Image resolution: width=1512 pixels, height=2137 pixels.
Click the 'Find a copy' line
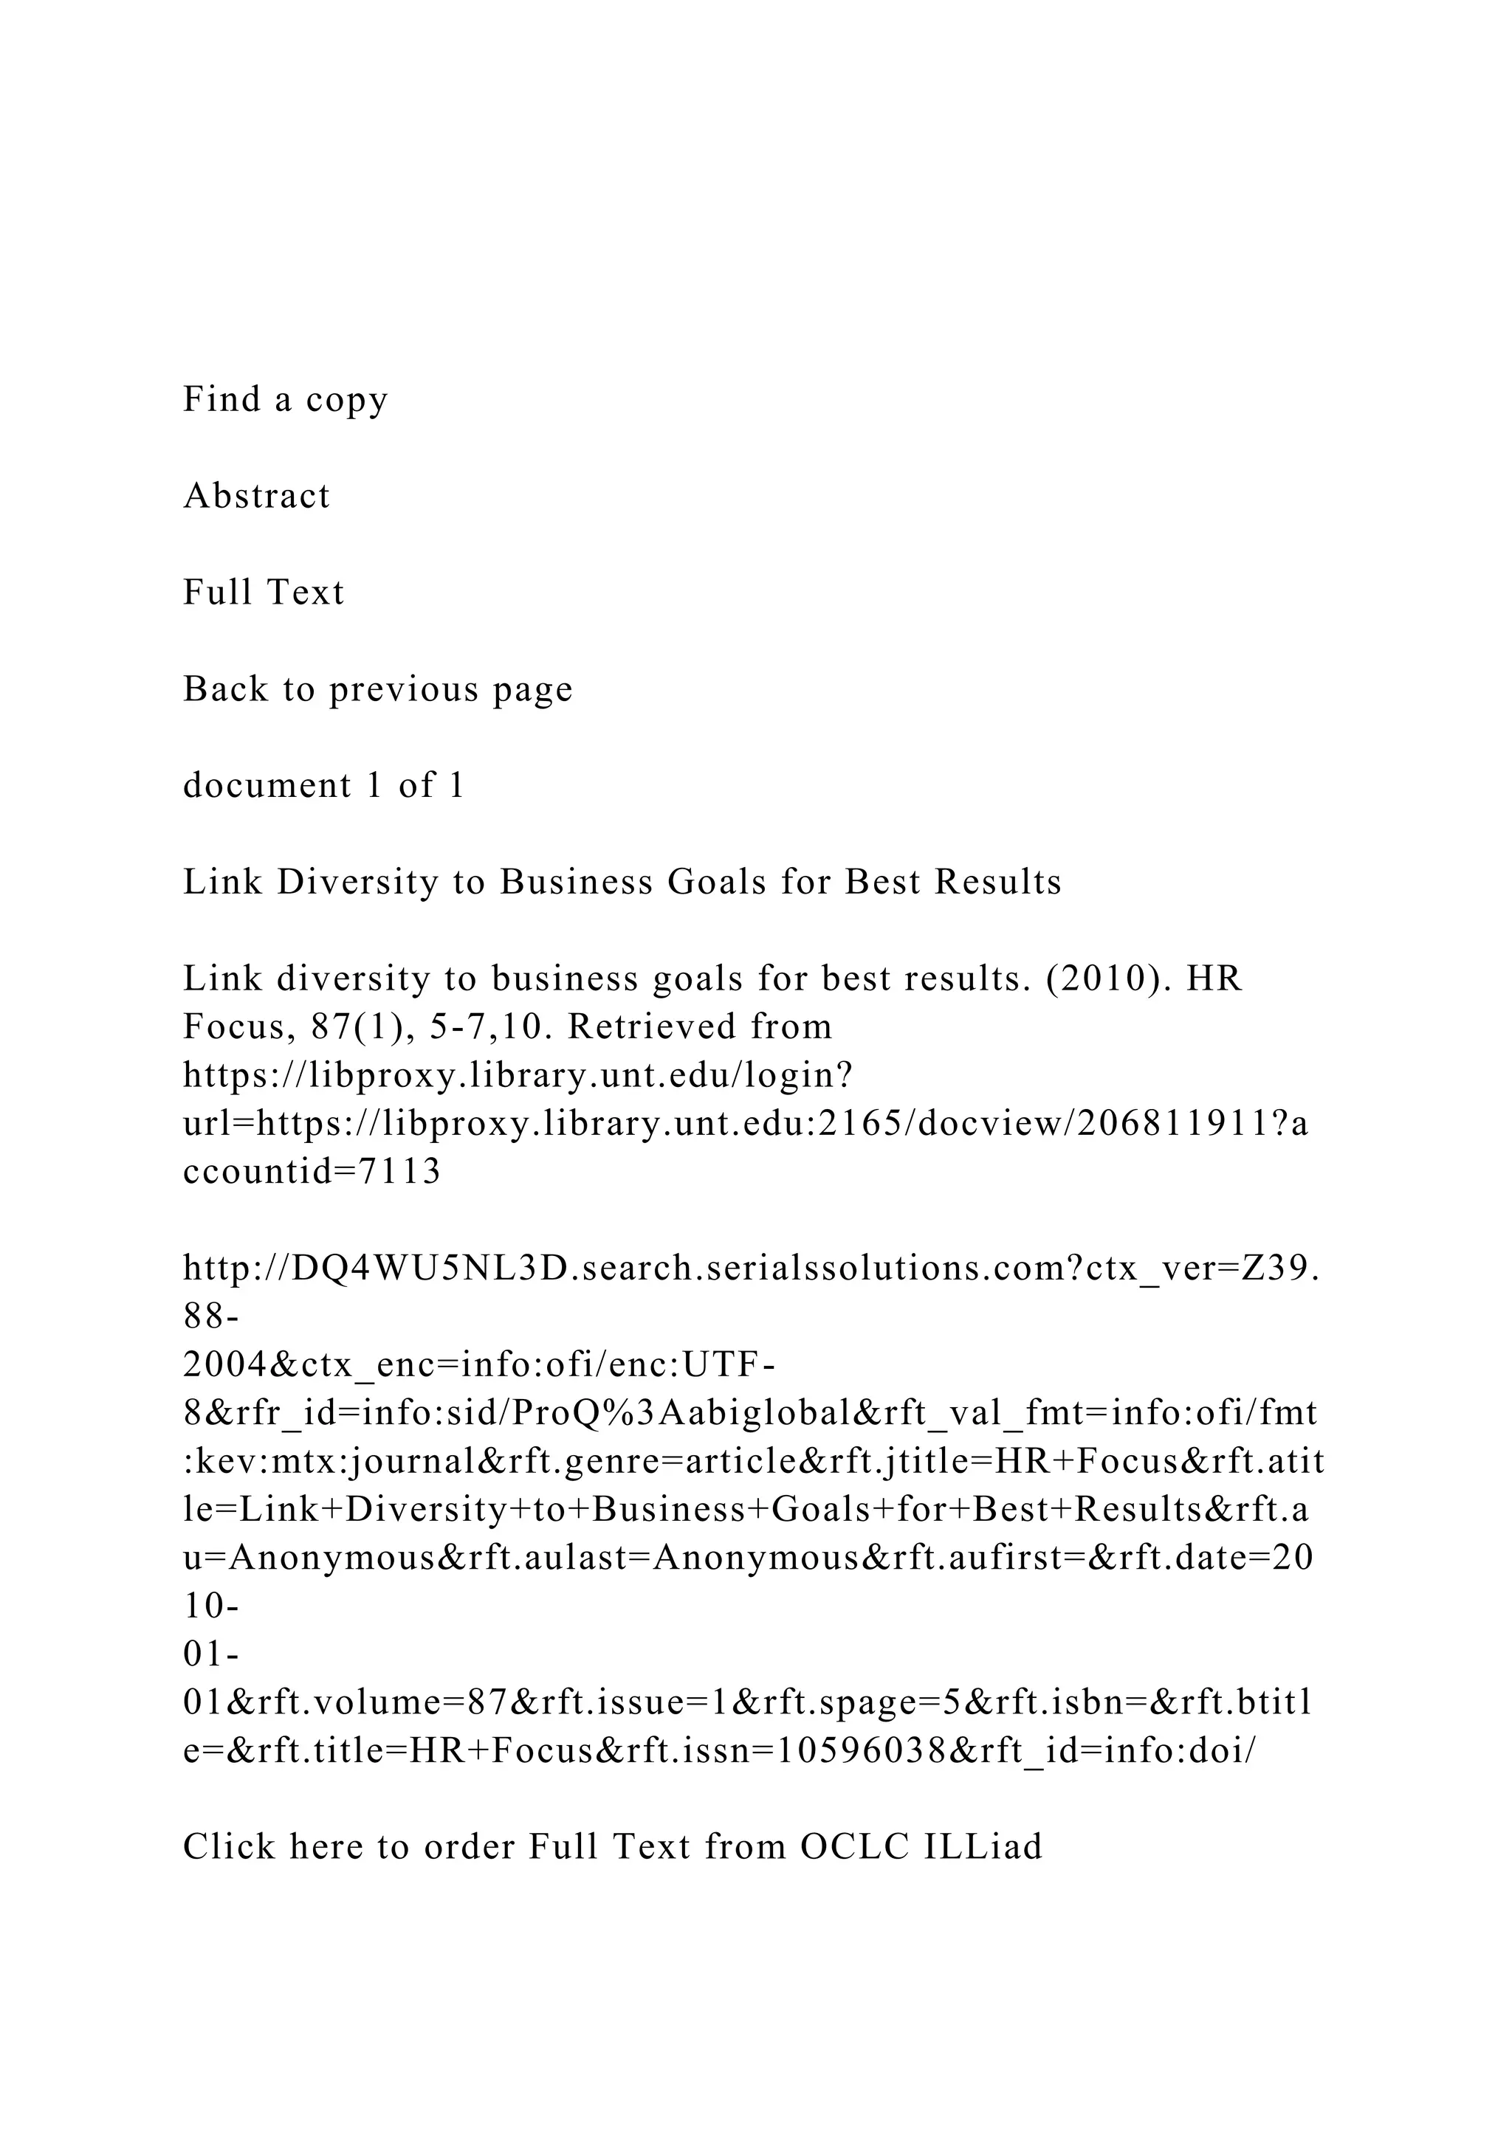coord(285,399)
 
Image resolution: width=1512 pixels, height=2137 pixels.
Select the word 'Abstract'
coord(257,496)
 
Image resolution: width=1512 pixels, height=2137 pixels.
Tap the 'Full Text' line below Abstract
coord(264,593)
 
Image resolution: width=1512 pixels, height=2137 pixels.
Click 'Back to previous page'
coord(378,690)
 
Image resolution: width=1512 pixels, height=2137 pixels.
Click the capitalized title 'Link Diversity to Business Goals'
coord(622,883)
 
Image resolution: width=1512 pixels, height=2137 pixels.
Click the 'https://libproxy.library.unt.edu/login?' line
coord(518,1076)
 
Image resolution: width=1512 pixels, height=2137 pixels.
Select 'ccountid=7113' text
coord(312,1173)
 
